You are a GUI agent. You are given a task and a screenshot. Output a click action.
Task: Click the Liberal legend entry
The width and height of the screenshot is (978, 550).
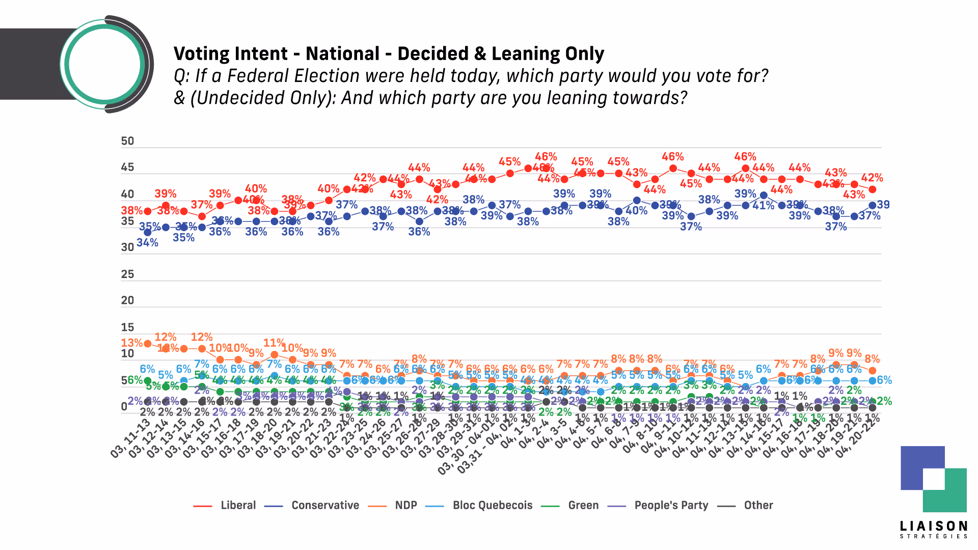coord(238,505)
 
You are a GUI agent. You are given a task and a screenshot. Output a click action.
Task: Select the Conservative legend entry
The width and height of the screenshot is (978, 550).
coord(325,505)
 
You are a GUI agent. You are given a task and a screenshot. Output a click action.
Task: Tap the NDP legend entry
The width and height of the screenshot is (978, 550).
coord(405,505)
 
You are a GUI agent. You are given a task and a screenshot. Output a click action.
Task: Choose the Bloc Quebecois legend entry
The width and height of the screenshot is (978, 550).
coord(492,505)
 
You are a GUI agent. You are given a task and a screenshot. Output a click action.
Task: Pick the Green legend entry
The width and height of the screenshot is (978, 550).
coord(583,505)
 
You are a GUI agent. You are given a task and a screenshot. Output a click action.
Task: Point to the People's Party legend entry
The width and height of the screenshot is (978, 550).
coord(671,505)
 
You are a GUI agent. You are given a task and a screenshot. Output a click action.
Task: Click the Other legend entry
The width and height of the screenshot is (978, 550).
coord(758,505)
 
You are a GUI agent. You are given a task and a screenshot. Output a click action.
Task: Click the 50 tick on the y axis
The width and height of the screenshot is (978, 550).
coord(127,141)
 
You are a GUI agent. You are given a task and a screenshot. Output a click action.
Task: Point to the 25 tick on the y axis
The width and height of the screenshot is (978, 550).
coord(127,274)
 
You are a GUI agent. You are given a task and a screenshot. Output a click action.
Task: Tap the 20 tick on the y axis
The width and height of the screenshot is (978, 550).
coord(127,300)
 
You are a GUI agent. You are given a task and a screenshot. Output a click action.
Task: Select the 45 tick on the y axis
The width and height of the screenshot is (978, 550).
coord(127,168)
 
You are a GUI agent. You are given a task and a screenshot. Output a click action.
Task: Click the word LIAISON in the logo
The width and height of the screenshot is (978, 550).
coord(933,526)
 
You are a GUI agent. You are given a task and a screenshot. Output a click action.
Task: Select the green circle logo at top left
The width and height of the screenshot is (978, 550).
coord(104,65)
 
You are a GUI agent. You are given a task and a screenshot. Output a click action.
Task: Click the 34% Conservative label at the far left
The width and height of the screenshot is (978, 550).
coord(147,243)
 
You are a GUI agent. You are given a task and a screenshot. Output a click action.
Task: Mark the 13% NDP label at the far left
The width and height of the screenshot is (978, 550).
coord(131,343)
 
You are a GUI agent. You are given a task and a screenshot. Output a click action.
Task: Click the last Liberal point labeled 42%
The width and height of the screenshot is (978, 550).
coord(872,189)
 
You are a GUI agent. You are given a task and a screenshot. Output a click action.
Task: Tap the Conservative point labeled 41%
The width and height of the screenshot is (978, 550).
coord(764,195)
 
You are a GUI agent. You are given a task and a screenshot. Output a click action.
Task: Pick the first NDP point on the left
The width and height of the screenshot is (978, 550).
coord(148,343)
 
